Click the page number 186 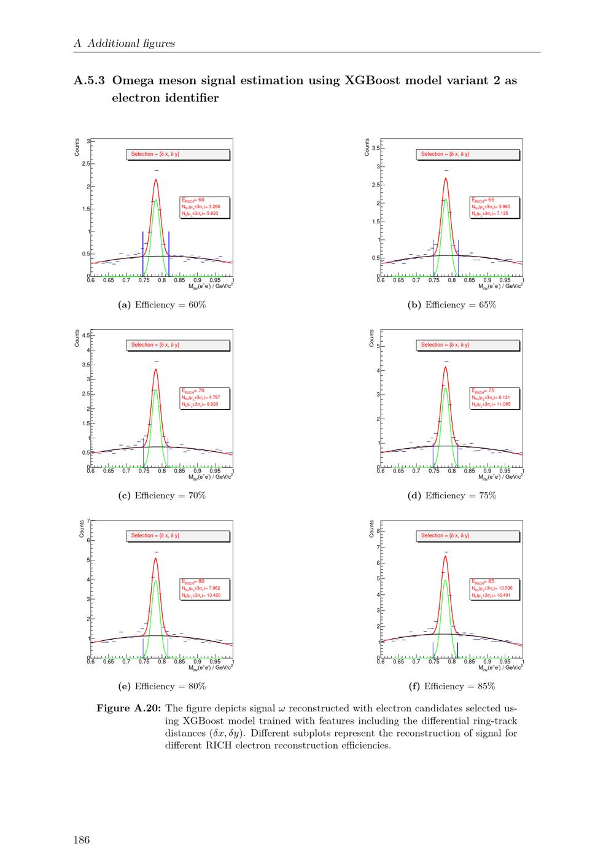pos(82,840)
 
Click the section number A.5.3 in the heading pos(89,80)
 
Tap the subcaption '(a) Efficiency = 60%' pos(162,305)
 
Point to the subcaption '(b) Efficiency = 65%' pos(452,305)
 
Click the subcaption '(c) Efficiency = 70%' pos(162,496)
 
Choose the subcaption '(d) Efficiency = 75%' pos(452,496)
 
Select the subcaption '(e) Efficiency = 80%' pos(162,687)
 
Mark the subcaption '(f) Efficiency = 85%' pos(452,687)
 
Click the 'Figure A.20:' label pos(129,709)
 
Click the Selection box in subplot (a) pos(178,154)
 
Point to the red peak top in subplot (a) pos(156,180)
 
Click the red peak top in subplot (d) pos(445,367)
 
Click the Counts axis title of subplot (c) pos(77,338)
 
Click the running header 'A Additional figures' pos(124,44)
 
